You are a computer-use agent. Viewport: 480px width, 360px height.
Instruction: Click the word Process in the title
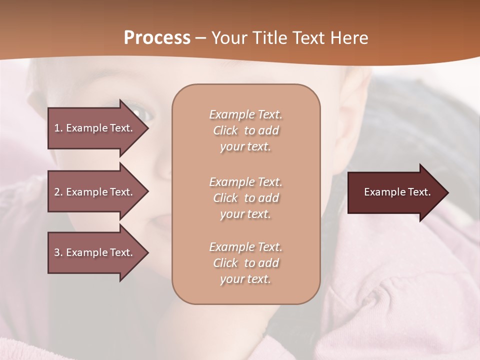(x=157, y=38)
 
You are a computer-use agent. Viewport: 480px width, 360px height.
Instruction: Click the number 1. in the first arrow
(x=58, y=128)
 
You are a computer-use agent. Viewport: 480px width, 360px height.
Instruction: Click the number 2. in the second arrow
(x=58, y=192)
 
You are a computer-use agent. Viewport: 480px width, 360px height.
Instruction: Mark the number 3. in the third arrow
(x=58, y=252)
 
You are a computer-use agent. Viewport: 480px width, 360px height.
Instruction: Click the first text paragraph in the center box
(x=245, y=130)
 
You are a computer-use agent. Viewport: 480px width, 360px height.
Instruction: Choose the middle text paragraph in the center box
(x=245, y=198)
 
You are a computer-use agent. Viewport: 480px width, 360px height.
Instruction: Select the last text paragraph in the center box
(x=245, y=263)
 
